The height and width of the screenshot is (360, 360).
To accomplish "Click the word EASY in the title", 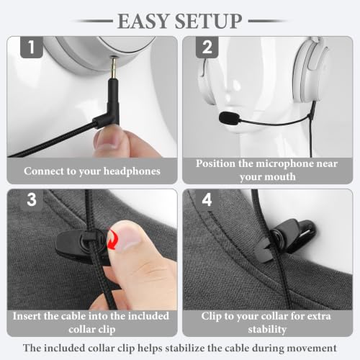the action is (143, 21).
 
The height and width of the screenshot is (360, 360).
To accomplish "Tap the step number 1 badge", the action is (32, 47).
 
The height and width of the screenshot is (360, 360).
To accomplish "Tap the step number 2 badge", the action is (207, 47).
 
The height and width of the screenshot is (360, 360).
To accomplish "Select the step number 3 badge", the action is (32, 199).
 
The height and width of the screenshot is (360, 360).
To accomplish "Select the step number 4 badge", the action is (207, 199).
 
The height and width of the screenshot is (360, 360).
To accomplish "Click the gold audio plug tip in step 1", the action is (113, 68).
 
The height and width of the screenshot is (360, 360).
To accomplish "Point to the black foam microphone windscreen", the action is (229, 118).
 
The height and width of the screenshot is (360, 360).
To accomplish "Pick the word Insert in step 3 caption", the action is (27, 316).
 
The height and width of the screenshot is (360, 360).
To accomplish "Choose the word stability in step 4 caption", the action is (267, 330).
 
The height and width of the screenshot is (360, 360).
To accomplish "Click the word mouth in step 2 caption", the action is (281, 177).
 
